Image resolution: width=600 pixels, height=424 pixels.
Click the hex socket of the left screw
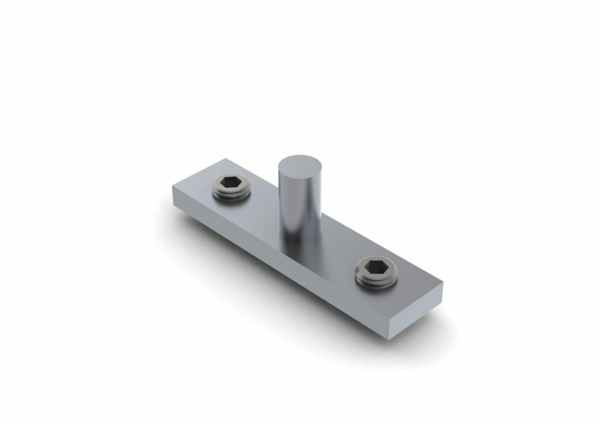[231, 182]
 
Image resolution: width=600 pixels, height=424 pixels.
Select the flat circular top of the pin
[299, 167]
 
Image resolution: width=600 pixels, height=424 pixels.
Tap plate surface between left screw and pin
[262, 203]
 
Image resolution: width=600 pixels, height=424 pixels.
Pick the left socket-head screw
[231, 186]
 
